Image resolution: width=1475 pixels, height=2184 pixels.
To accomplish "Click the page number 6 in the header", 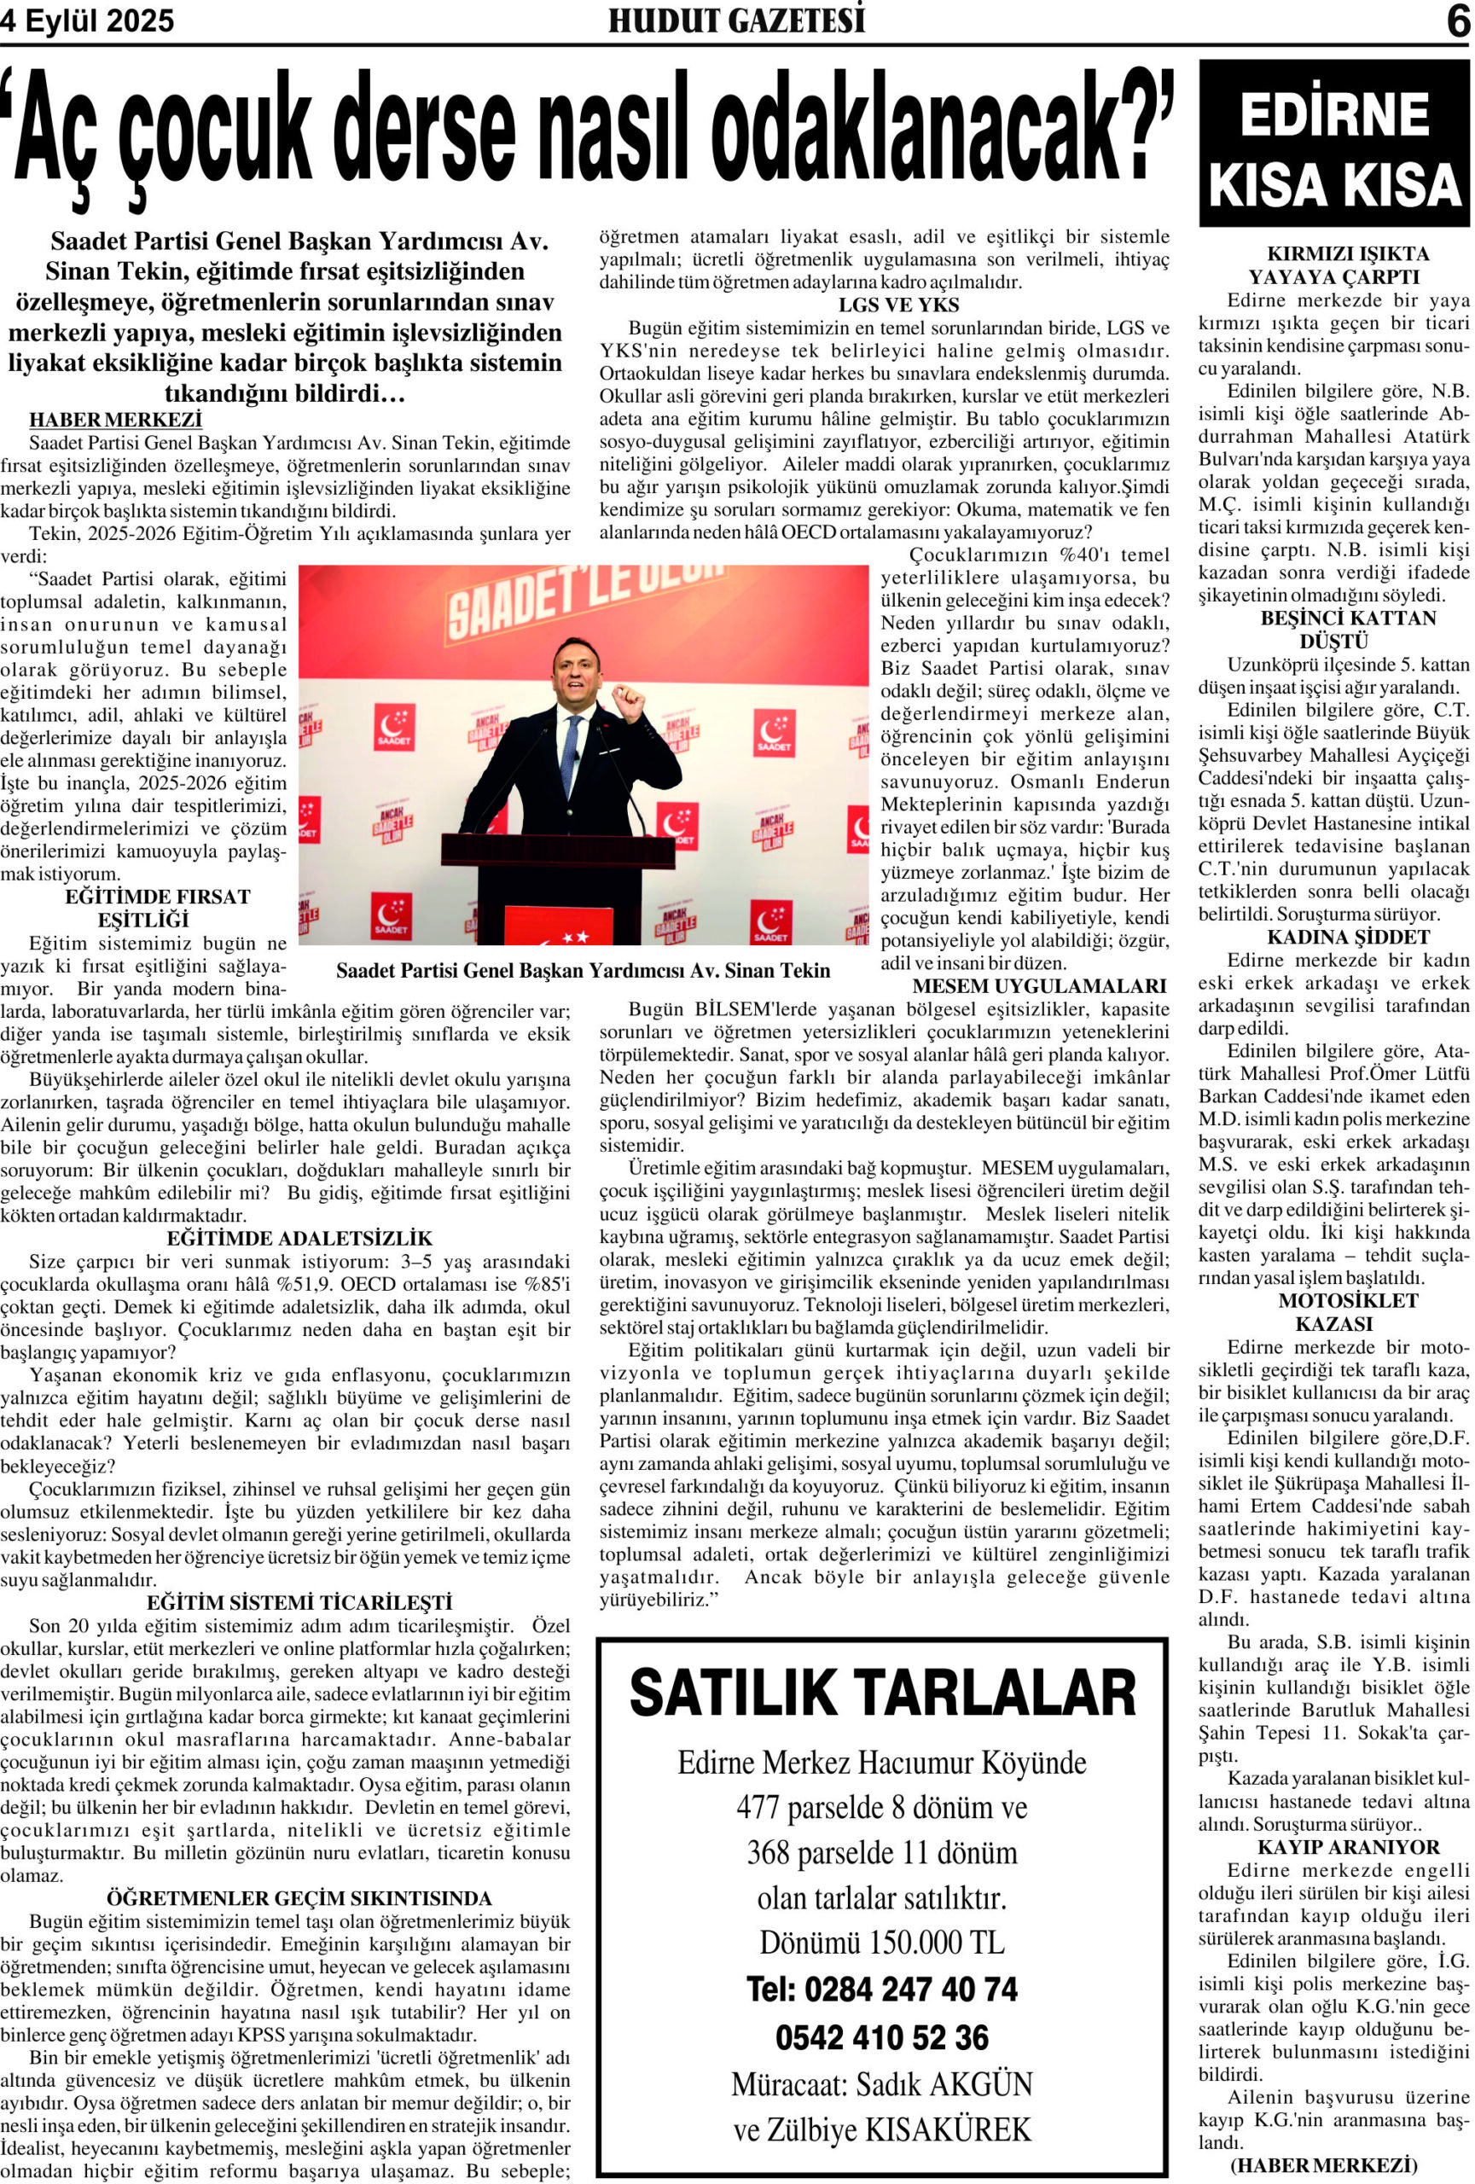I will click(1456, 20).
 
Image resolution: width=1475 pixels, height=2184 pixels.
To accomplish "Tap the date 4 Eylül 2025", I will click(87, 20).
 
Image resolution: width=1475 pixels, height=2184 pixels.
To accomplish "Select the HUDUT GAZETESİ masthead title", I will click(736, 20).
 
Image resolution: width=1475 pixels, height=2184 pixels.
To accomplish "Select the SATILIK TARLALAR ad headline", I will click(881, 1694).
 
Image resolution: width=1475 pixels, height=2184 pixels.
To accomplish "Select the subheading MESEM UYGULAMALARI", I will click(1038, 987).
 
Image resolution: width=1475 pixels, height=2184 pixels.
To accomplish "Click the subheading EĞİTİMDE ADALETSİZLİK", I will click(299, 1239).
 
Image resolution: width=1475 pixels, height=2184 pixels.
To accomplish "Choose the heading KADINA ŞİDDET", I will click(1334, 937).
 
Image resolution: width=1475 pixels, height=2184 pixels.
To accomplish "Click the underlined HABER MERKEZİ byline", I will click(115, 419).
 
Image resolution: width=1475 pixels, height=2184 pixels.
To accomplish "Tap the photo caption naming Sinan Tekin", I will click(583, 971).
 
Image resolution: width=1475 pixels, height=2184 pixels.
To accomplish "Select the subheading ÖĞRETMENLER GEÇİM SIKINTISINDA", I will click(299, 1898).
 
